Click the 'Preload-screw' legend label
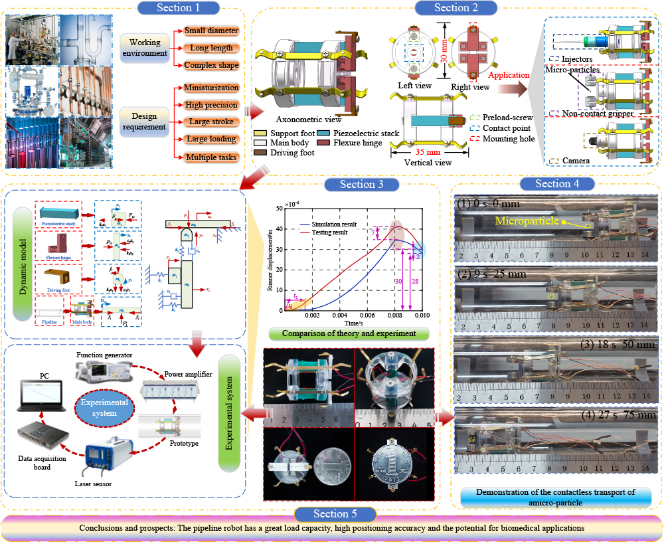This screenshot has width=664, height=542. pyautogui.click(x=511, y=117)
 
